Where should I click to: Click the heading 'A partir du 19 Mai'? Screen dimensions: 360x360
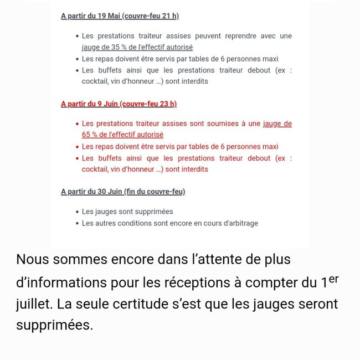[91, 16]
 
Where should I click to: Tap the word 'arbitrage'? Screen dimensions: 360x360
[240, 223]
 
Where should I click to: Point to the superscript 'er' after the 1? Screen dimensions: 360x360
[333, 279]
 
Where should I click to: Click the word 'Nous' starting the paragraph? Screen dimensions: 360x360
[33, 259]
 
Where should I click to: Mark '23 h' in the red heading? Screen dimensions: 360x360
[166, 104]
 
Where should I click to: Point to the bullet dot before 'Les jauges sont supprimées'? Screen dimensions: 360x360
[77, 212]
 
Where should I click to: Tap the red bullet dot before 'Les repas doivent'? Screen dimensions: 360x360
[77, 147]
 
